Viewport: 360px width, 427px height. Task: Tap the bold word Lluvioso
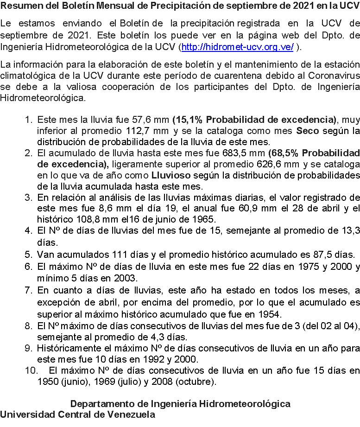tap(172, 176)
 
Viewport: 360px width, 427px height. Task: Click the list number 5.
tap(28, 254)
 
